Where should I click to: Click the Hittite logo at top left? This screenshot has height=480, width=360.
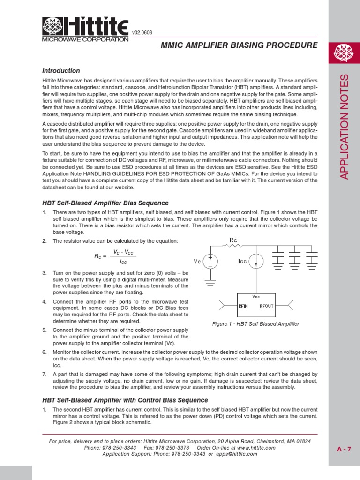click(85, 29)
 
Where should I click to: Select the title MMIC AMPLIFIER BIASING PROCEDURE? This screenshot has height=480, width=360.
click(239, 45)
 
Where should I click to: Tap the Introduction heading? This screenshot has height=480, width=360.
click(61, 71)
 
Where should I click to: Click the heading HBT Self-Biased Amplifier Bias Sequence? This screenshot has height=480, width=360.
click(105, 203)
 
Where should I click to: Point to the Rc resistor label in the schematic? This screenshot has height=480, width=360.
click(233, 240)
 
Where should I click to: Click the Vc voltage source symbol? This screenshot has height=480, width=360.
click(210, 261)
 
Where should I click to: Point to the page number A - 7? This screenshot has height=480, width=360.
click(344, 449)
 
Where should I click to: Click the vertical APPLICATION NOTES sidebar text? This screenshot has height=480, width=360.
click(345, 127)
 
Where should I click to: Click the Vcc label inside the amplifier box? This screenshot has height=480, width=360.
click(256, 297)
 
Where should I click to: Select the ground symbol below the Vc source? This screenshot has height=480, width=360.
click(210, 283)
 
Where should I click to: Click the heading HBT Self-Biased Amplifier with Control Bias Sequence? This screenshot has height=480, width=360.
click(125, 400)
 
